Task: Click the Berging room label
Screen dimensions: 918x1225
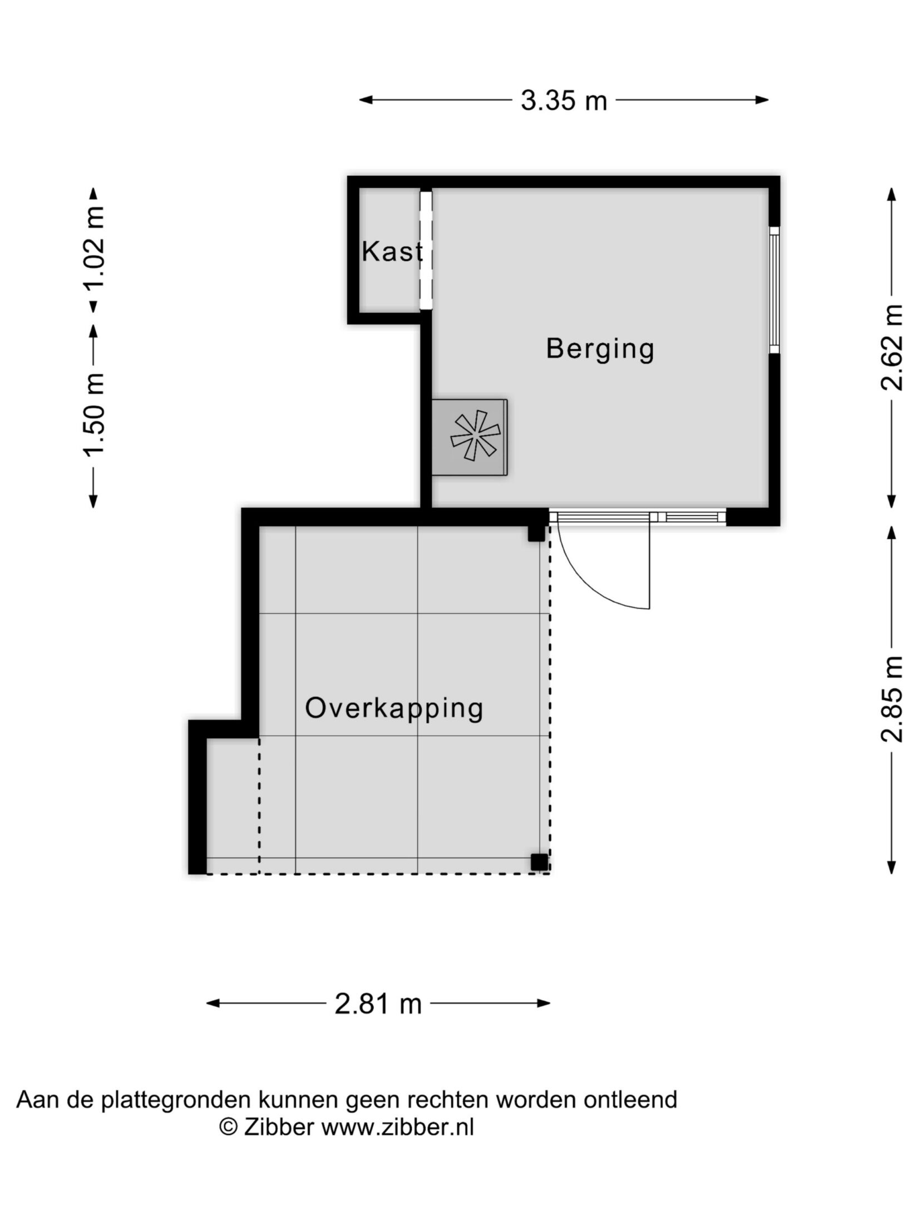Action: (x=600, y=350)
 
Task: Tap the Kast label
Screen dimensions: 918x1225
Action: (x=392, y=252)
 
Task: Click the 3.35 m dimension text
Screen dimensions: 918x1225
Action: (x=564, y=101)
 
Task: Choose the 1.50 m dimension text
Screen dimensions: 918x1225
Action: (x=95, y=413)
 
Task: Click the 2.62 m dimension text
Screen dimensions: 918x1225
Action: (x=891, y=347)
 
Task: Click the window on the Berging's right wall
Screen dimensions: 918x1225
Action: (x=774, y=290)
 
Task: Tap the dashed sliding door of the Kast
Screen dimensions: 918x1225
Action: (x=426, y=250)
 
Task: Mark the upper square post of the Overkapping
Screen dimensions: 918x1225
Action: (x=536, y=533)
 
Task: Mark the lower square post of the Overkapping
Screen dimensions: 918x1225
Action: (x=539, y=862)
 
